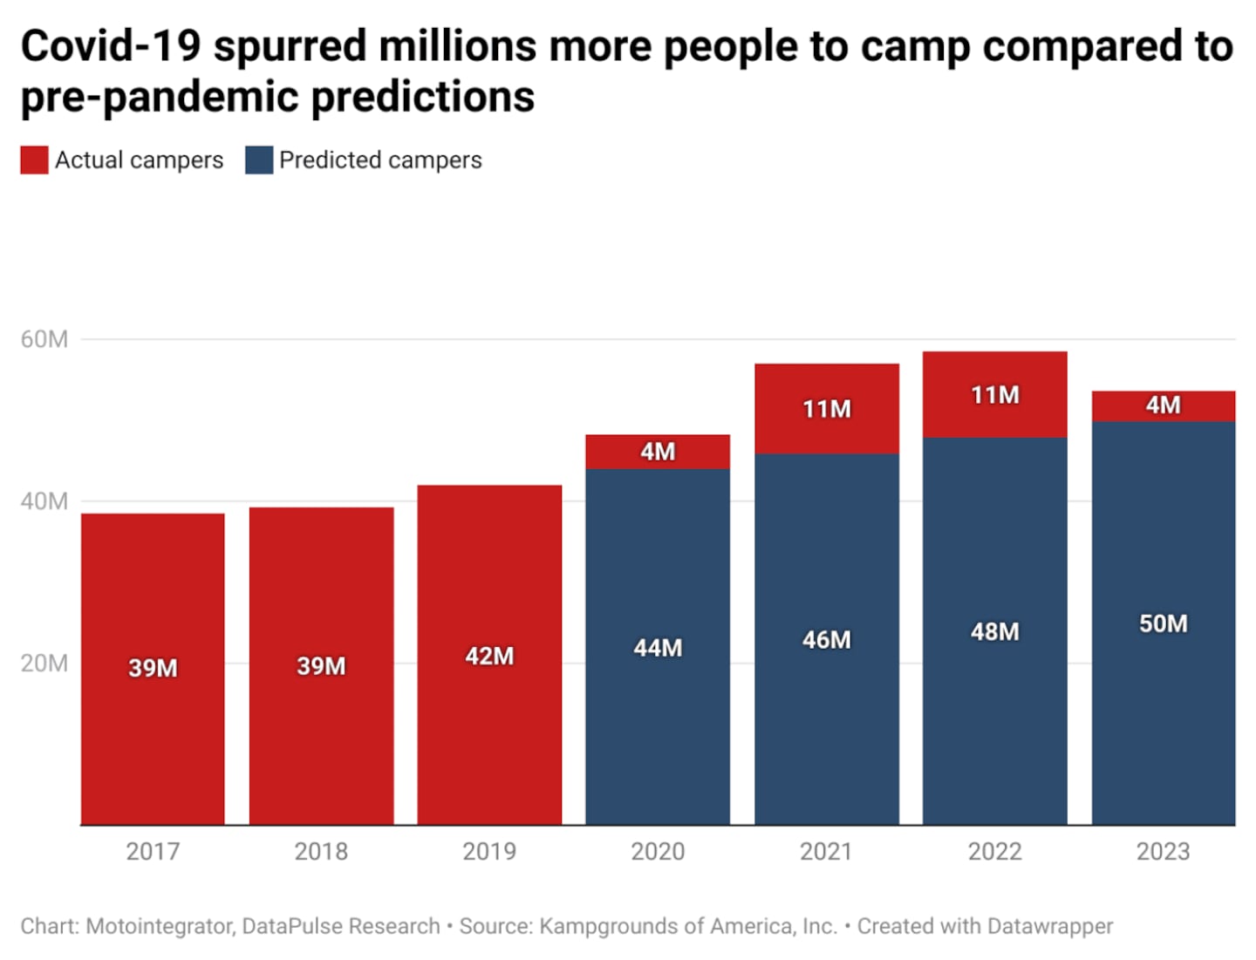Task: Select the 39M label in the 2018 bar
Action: (x=321, y=666)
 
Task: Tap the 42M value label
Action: (x=489, y=656)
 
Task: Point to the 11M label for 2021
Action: (x=826, y=409)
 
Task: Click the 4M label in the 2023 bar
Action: (x=1163, y=405)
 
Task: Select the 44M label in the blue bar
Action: (x=658, y=648)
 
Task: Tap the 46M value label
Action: (x=826, y=640)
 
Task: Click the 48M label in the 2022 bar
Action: (x=994, y=631)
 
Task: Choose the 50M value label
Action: (x=1163, y=623)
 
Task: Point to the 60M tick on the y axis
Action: (x=44, y=339)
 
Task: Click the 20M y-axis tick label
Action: (x=44, y=664)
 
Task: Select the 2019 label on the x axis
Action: (x=489, y=851)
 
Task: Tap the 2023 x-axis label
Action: (x=1163, y=851)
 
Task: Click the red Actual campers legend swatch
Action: (x=34, y=160)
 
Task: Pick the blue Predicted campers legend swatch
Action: (x=259, y=160)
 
